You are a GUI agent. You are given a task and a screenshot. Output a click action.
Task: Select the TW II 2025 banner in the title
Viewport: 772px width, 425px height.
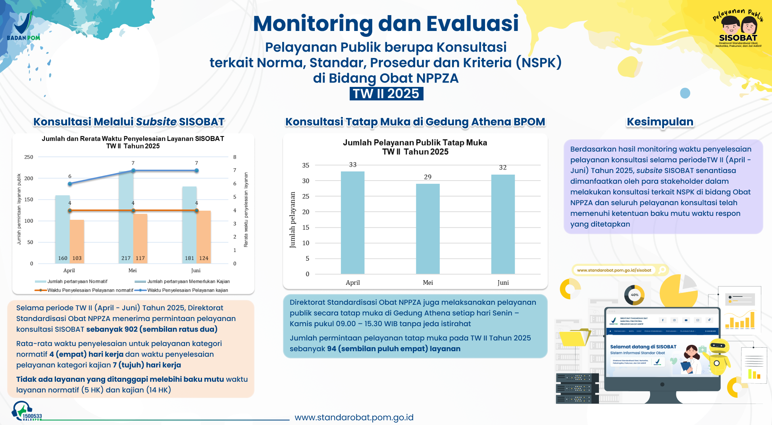(x=386, y=94)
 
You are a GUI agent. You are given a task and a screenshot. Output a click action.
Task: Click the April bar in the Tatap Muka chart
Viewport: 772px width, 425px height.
(x=352, y=222)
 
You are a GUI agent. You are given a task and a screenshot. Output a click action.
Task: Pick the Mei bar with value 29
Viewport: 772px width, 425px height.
(x=427, y=229)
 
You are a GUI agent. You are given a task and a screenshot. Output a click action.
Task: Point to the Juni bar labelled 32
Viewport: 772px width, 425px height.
(x=503, y=224)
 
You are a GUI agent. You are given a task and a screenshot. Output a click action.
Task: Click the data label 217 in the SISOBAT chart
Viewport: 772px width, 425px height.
(x=126, y=258)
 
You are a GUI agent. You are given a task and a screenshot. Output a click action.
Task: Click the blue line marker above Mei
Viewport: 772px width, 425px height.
(x=133, y=171)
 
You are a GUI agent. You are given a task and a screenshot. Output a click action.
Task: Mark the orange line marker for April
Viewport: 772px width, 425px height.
(x=70, y=211)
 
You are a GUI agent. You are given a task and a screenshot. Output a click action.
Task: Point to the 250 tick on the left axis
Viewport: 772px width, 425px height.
(x=29, y=157)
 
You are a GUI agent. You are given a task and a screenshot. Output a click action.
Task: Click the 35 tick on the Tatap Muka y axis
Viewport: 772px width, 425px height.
(x=306, y=165)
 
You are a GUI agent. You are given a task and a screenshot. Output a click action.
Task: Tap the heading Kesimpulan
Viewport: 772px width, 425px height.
(x=660, y=122)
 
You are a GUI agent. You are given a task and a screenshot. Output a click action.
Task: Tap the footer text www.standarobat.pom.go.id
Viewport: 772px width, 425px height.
(x=354, y=417)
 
